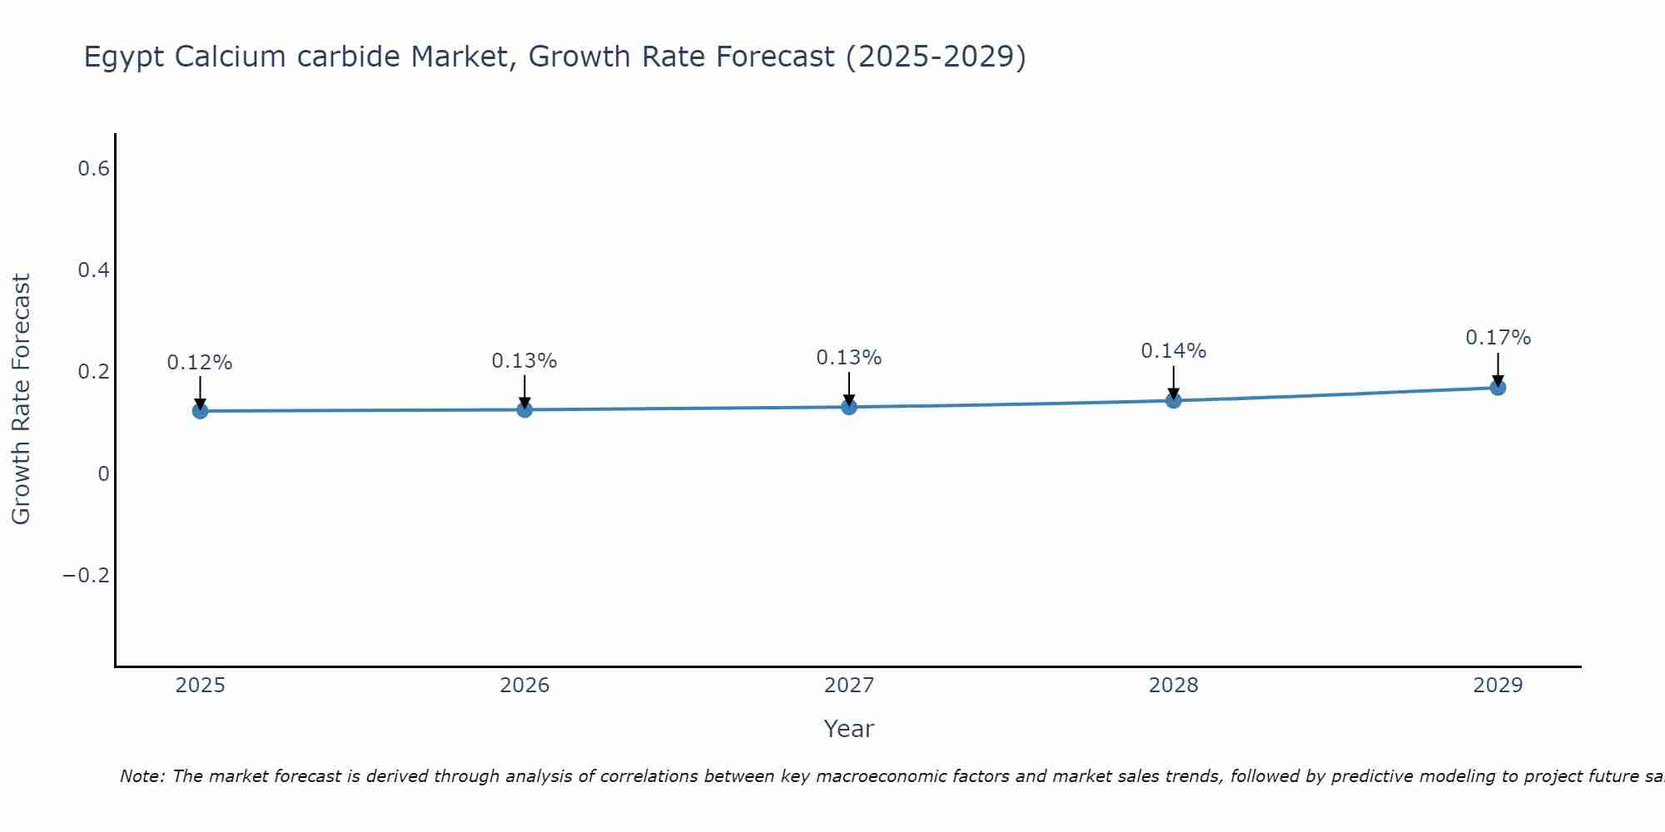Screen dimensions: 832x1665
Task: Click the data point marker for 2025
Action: coord(200,411)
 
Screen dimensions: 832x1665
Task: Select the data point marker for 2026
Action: coord(524,409)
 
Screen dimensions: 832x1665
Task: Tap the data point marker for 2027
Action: coord(849,407)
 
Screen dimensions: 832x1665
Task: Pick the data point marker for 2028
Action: coord(1174,401)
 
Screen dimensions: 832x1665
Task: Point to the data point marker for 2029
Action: coord(1498,388)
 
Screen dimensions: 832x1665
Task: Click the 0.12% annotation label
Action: coord(200,363)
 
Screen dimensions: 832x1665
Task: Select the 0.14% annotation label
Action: coord(1174,351)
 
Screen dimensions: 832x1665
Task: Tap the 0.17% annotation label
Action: coord(1498,338)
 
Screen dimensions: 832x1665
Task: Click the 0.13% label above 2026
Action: coord(524,361)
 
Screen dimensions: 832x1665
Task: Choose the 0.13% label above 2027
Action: coord(849,358)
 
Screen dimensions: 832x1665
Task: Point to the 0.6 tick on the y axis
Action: coord(93,169)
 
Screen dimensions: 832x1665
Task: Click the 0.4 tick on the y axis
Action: coord(93,270)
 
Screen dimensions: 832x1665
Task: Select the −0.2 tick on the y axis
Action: coord(87,576)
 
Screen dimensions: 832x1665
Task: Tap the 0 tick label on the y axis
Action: coord(103,474)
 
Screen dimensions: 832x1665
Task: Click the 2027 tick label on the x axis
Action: coord(849,686)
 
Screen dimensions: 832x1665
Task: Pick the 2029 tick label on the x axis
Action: coord(1498,686)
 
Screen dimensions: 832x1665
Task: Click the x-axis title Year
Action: coord(849,729)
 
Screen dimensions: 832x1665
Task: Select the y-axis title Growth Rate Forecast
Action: coord(21,399)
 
